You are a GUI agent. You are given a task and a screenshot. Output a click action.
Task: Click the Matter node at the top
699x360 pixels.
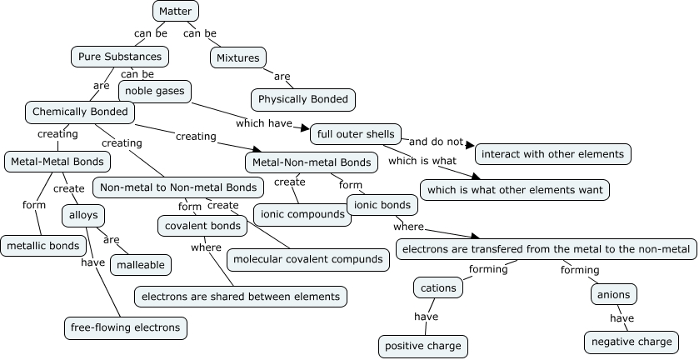point(175,11)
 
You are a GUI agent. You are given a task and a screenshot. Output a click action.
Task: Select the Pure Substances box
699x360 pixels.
point(121,57)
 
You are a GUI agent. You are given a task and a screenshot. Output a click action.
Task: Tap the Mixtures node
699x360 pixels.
point(237,58)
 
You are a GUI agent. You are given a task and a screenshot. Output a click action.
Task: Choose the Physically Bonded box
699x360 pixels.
point(303,99)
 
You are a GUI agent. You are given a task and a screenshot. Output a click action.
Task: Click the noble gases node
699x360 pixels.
point(156,90)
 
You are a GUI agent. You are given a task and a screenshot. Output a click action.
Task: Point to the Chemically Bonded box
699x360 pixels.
point(80,112)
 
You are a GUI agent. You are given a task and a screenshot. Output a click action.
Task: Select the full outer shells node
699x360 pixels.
point(356,133)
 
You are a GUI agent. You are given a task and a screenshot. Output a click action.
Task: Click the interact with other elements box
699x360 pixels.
point(552,154)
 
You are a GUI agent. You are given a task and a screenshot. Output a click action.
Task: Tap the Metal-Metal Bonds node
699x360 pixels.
point(57,161)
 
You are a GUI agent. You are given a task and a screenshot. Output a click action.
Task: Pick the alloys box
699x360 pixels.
point(83,215)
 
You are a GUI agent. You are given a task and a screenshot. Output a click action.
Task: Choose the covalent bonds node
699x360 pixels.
point(202,226)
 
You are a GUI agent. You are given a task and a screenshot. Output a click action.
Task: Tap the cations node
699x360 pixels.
point(438,288)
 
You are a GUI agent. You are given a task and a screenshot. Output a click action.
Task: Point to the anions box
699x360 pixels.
point(615,294)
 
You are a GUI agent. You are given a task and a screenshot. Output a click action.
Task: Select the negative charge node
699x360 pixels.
point(631,342)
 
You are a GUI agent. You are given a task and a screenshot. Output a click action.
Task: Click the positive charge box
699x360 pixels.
point(422,346)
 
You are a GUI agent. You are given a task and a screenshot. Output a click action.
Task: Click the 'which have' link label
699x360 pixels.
point(262,123)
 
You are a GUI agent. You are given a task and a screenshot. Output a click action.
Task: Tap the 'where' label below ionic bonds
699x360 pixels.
point(408,226)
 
